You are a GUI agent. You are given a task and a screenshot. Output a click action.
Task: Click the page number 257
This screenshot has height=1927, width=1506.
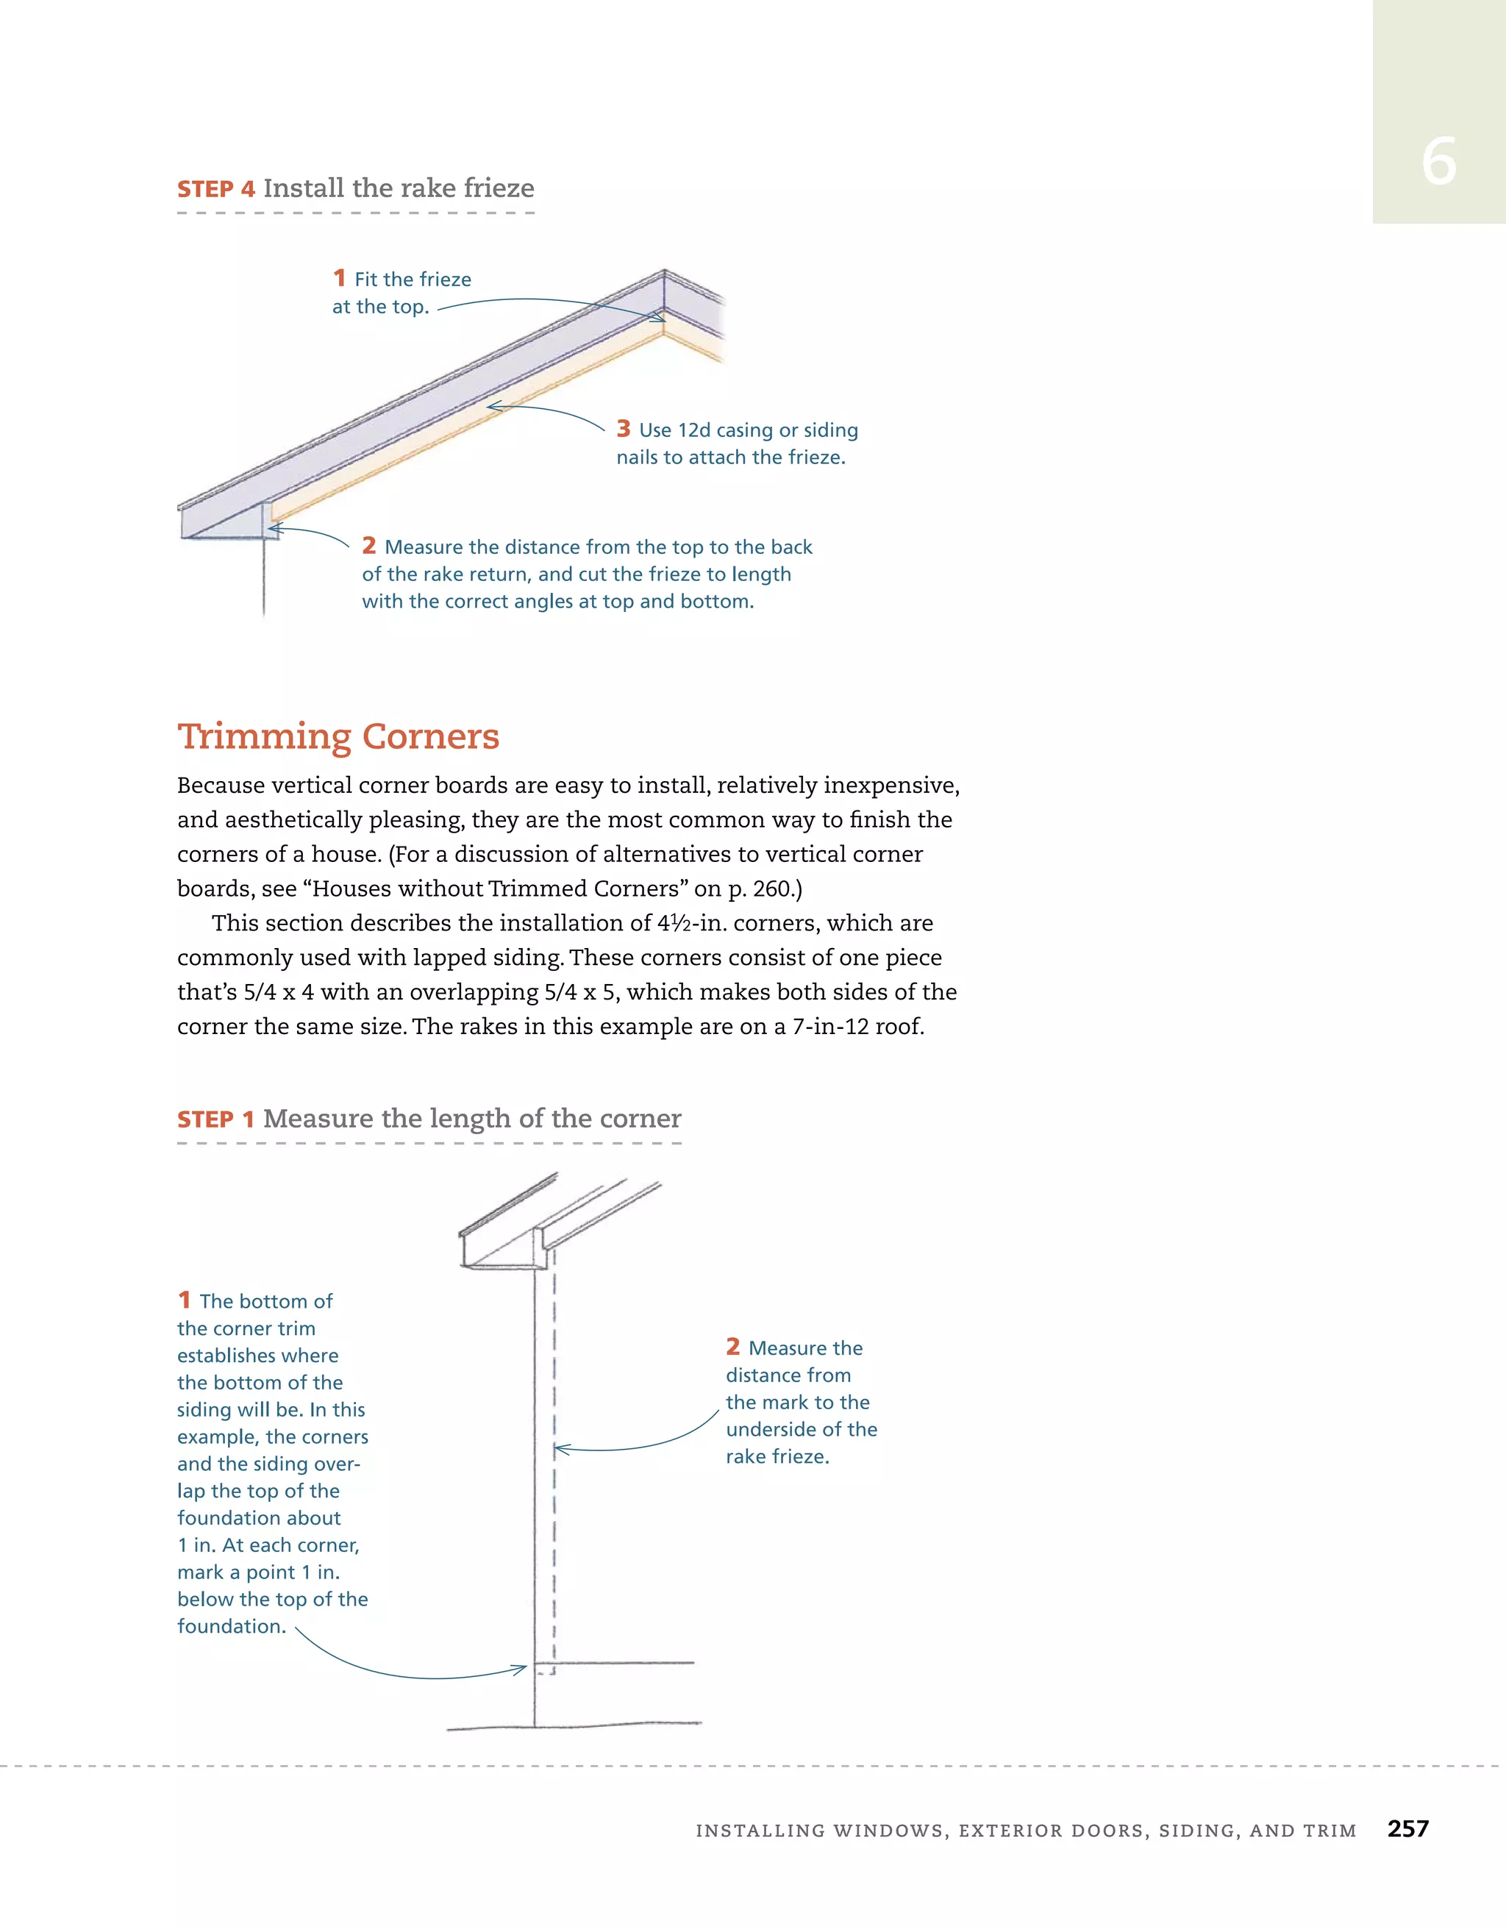[x=1407, y=1829]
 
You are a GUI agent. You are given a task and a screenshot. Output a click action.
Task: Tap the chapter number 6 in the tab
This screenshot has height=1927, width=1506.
[x=1438, y=163]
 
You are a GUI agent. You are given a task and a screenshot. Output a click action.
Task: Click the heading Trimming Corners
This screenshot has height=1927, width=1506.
[x=338, y=735]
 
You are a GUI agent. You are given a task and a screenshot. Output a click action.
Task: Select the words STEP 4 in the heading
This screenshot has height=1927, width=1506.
[x=216, y=190]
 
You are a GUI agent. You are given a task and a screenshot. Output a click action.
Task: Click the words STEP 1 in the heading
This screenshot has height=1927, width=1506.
[x=216, y=1119]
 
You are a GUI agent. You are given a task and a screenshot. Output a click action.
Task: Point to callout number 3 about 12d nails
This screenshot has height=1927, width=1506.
[x=624, y=429]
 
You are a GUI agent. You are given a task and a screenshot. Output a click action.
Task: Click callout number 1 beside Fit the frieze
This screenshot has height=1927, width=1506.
[x=340, y=278]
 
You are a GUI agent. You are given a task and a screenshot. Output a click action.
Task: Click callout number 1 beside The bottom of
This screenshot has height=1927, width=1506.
[x=185, y=1300]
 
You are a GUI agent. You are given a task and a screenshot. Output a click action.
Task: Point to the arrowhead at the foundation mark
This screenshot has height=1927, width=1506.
[x=521, y=1669]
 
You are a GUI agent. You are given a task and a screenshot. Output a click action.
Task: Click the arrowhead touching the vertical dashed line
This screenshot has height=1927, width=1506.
[x=561, y=1449]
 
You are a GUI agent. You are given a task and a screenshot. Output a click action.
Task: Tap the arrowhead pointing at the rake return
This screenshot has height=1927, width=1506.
[x=274, y=529]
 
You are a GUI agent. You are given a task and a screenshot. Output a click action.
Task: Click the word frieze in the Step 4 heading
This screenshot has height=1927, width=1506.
[x=493, y=188]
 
